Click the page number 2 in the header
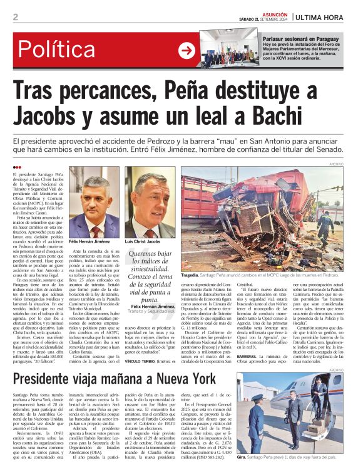(15, 17)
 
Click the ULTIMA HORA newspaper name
(325, 17)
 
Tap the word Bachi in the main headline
(293, 117)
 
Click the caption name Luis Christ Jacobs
(144, 241)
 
